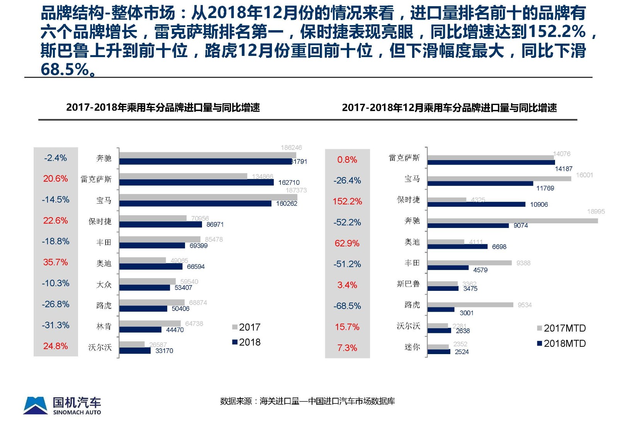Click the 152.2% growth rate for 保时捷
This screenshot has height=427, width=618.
pyautogui.click(x=347, y=201)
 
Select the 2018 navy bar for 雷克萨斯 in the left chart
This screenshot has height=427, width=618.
pyautogui.click(x=196, y=182)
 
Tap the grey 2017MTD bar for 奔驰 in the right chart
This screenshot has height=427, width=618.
pyautogui.click(x=512, y=221)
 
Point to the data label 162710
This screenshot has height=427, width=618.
pyautogui.click(x=289, y=182)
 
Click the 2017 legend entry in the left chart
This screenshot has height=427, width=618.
pyautogui.click(x=246, y=327)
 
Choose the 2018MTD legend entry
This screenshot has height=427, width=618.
pyautogui.click(x=561, y=343)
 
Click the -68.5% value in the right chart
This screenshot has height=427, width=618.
pyautogui.click(x=347, y=306)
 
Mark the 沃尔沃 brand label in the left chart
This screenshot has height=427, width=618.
pyautogui.click(x=100, y=347)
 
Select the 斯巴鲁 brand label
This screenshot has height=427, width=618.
pyautogui.click(x=408, y=284)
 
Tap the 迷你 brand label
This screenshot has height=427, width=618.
pyautogui.click(x=412, y=347)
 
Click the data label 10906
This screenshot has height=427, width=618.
pyautogui.click(x=539, y=204)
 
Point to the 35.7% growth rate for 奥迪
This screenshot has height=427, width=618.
pyautogui.click(x=55, y=262)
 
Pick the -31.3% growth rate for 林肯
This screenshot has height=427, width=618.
pyautogui.click(x=55, y=325)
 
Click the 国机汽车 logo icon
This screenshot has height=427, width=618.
pyautogui.click(x=36, y=405)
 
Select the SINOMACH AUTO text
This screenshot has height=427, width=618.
pyautogui.click(x=77, y=412)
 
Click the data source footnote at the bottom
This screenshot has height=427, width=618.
pyautogui.click(x=307, y=401)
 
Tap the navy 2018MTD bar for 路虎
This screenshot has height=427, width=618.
pyautogui.click(x=441, y=309)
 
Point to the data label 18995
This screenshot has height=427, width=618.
pyautogui.click(x=596, y=211)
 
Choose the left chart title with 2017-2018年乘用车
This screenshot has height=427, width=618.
pyautogui.click(x=163, y=107)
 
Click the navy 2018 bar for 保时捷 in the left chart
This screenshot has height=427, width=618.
pyautogui.click(x=160, y=224)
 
